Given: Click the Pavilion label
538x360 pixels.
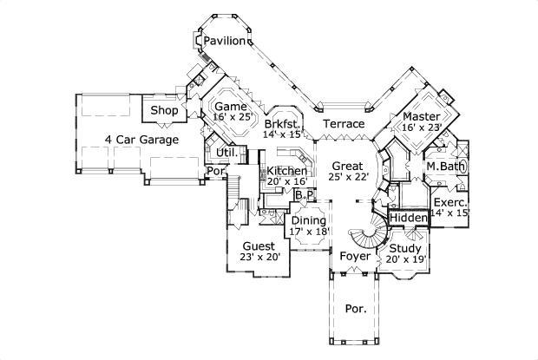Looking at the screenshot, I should coord(225,41).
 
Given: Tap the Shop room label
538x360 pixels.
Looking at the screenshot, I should coord(164,111).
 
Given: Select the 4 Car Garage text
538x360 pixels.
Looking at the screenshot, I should coord(141,139).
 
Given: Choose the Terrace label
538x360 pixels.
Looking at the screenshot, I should coord(344,124).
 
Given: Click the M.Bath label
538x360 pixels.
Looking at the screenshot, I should coord(443,166).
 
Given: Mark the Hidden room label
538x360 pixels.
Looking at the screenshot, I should coord(407,217).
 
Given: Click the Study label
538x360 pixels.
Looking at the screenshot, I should coord(404,249).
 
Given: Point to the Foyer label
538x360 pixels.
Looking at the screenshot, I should coord(355,257).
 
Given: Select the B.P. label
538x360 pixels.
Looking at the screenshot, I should coord(304,196).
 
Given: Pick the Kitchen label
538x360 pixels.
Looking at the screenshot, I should coord(287,171).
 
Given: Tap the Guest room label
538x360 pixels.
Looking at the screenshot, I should coord(259,245).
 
